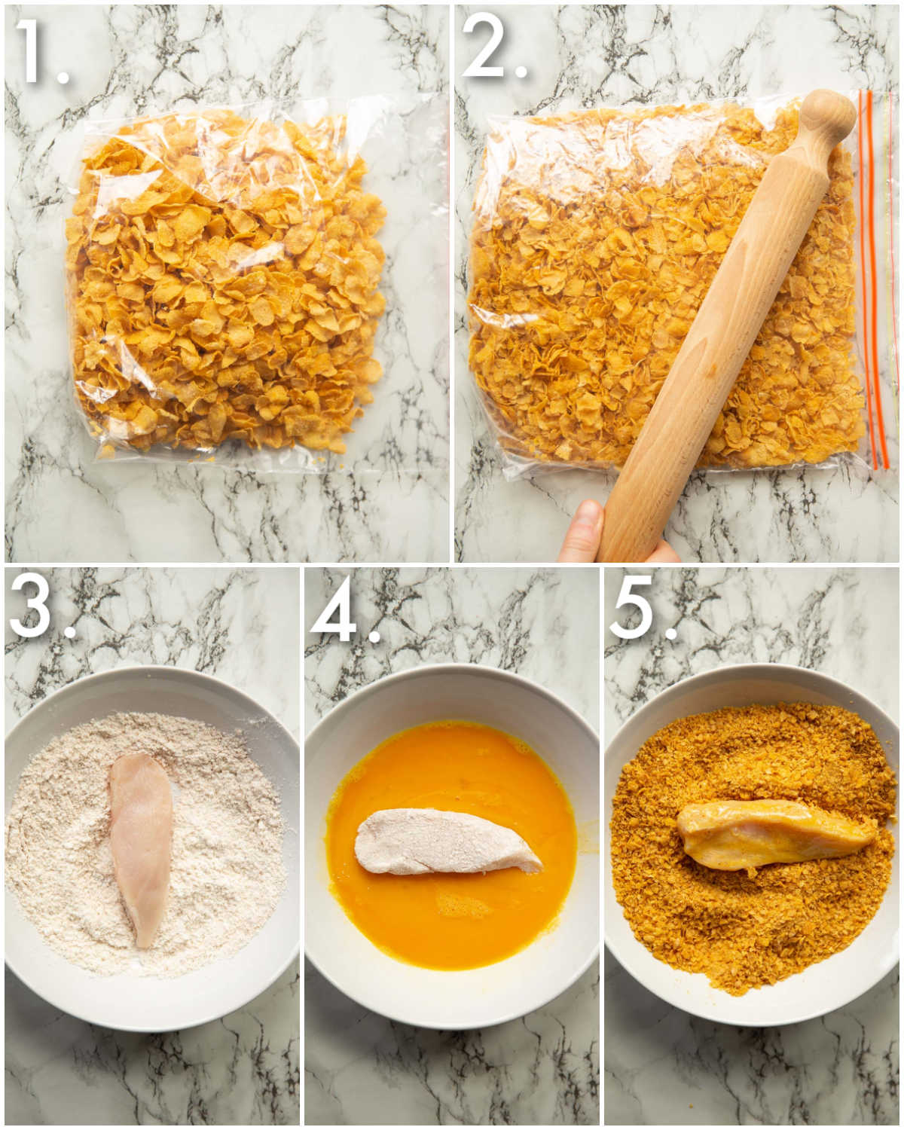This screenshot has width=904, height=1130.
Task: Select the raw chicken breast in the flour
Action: click(x=141, y=844)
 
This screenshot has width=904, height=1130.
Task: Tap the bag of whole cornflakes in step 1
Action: click(x=226, y=286)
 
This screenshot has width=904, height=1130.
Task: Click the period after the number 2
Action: click(x=519, y=70)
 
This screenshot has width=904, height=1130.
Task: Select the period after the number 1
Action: click(x=62, y=75)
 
